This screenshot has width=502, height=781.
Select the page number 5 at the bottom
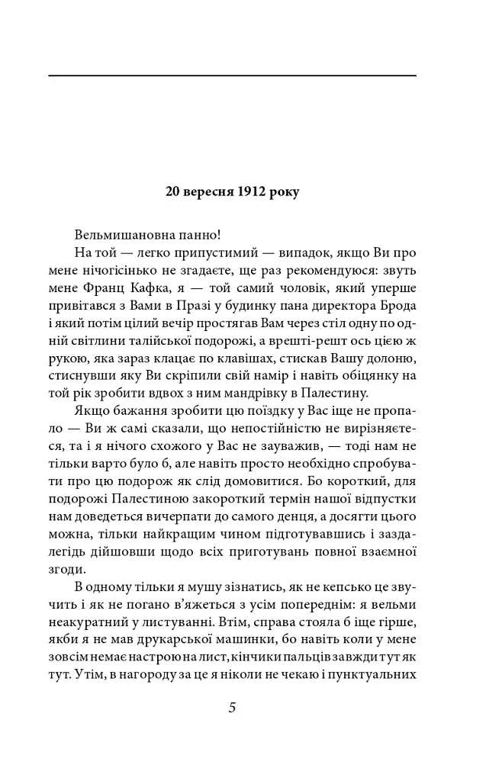click(x=232, y=707)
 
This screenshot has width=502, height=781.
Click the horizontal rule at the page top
click(x=232, y=76)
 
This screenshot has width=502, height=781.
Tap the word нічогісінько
click(x=121, y=271)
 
